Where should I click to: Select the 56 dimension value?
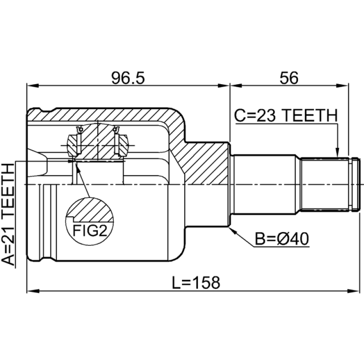click(289, 78)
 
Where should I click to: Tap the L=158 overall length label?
click(196, 283)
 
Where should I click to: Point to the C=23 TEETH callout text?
click(286, 116)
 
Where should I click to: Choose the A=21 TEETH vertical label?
click(9, 214)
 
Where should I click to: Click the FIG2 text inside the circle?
click(90, 231)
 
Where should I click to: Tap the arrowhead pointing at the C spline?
click(337, 153)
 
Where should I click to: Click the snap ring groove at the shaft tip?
click(353, 184)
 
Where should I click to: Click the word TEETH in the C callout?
click(312, 116)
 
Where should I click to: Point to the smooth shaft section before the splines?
click(267, 184)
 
